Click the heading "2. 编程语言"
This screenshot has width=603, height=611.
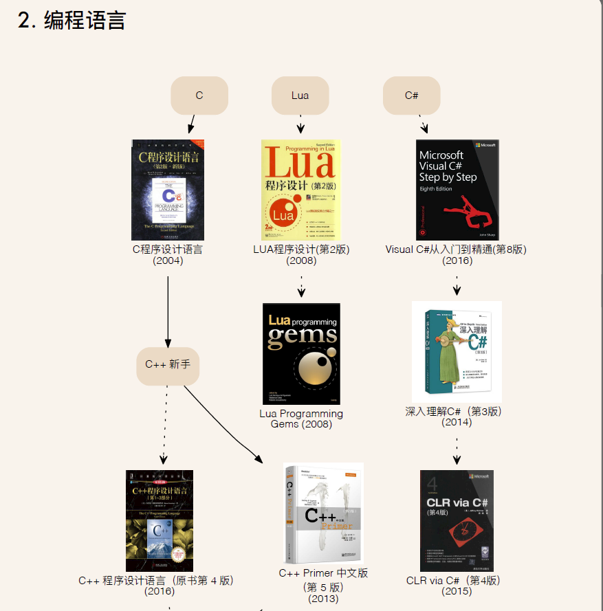(x=72, y=21)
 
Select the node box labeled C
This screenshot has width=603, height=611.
(x=199, y=96)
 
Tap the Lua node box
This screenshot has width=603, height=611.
(x=300, y=96)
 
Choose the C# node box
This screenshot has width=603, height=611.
(x=411, y=96)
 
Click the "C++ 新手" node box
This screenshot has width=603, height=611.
(x=168, y=364)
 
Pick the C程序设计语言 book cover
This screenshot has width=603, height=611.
(x=168, y=190)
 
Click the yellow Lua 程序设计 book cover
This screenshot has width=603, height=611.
(x=301, y=190)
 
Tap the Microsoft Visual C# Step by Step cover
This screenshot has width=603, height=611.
(x=457, y=190)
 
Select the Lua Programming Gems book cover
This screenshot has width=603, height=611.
(x=301, y=354)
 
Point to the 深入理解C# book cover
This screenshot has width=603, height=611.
(x=457, y=351)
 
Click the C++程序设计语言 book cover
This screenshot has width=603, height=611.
(x=160, y=520)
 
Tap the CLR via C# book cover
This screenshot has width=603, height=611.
(x=457, y=520)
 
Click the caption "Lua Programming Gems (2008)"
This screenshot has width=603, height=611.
(x=301, y=419)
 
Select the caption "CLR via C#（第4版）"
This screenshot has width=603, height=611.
(x=454, y=580)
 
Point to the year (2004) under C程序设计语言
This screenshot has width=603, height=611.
(x=168, y=260)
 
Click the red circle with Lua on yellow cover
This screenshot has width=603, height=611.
(x=283, y=215)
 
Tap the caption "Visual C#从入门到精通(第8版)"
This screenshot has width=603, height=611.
(x=457, y=249)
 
